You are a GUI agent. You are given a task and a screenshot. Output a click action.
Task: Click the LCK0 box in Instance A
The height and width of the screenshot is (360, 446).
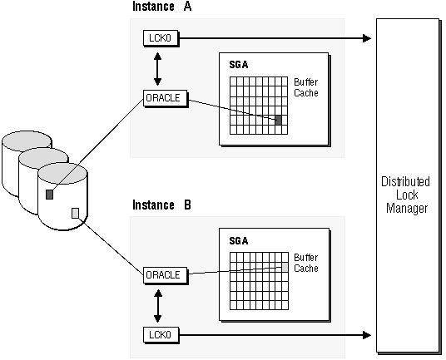(x=161, y=37)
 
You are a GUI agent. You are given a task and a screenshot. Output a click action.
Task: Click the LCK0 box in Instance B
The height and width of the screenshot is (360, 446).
(x=161, y=335)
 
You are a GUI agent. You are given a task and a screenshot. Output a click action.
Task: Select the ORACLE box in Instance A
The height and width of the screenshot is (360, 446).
(x=166, y=98)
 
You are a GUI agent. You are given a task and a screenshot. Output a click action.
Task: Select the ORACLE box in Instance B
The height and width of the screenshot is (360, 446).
(x=166, y=275)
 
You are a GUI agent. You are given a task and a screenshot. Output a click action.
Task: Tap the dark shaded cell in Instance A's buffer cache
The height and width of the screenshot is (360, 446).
(x=278, y=120)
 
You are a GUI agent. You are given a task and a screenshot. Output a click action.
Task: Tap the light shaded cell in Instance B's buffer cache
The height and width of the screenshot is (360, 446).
(x=285, y=267)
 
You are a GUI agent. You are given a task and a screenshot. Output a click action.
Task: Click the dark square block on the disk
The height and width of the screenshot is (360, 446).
(x=49, y=195)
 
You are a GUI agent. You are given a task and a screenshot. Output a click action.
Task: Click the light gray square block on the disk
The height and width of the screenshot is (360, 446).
(x=76, y=213)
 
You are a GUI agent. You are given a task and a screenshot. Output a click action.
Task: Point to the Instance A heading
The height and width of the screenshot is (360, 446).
(x=162, y=7)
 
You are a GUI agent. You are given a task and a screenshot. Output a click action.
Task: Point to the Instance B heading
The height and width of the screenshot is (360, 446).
(x=162, y=205)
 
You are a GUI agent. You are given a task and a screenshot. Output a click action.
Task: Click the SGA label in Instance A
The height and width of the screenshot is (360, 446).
(x=238, y=65)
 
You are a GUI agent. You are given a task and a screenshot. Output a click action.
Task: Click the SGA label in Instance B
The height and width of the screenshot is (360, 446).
(x=238, y=241)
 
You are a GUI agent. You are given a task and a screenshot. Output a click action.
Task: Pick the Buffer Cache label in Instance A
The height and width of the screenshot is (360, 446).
(x=305, y=87)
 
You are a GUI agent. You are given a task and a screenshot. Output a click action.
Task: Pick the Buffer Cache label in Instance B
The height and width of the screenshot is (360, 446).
(x=305, y=263)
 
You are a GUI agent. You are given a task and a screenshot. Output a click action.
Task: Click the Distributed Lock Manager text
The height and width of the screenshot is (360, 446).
(x=405, y=195)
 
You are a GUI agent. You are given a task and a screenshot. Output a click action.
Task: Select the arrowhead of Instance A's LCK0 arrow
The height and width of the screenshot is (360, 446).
(x=367, y=38)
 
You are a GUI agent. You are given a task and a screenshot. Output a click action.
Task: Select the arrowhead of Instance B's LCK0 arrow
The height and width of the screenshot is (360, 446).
(x=367, y=335)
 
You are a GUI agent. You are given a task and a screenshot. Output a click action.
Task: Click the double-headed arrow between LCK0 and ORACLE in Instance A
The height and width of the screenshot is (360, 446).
(x=157, y=69)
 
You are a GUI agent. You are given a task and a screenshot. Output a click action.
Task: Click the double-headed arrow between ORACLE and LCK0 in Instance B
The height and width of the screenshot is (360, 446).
(x=157, y=306)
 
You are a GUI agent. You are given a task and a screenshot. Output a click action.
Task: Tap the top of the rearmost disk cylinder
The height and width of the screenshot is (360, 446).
(x=27, y=141)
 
